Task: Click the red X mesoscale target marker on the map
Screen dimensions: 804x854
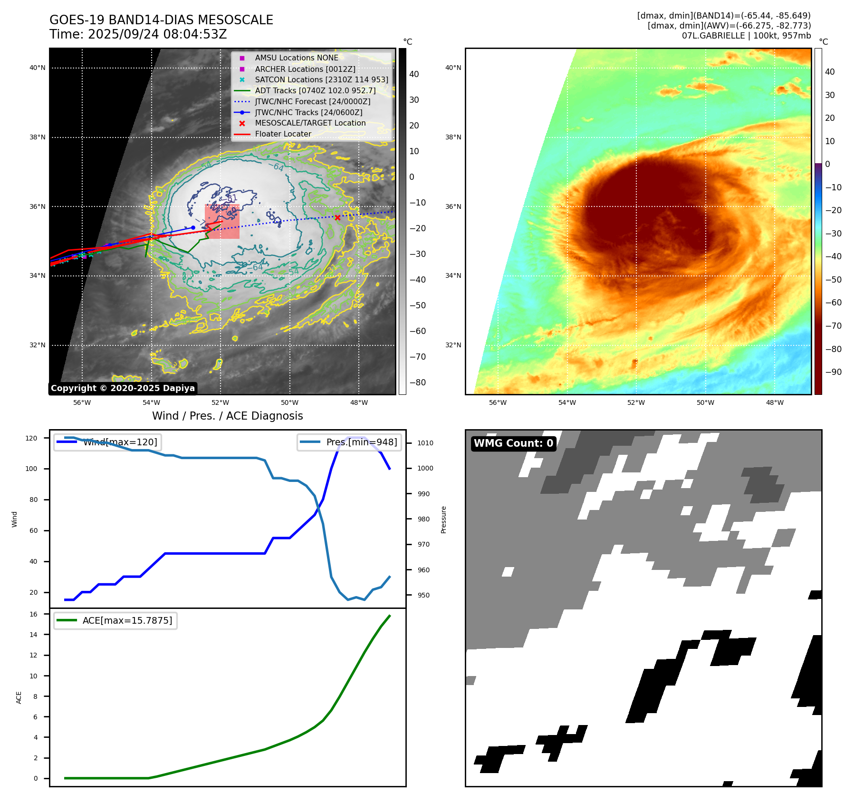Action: point(337,218)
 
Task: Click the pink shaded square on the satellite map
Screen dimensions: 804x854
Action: point(222,222)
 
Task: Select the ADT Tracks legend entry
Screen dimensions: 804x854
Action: point(315,90)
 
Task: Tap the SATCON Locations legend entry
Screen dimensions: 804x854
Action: point(321,79)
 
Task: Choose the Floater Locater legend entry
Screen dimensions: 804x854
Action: point(283,134)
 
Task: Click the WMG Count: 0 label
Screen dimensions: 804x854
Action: point(513,443)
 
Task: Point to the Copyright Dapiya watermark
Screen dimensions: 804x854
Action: point(123,388)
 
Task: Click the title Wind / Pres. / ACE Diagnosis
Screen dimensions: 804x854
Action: point(227,416)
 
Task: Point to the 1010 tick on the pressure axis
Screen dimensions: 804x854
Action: point(425,443)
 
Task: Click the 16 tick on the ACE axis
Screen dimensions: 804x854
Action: point(34,614)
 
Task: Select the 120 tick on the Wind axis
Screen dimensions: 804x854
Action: point(31,438)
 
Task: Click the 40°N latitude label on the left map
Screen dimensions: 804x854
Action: point(38,68)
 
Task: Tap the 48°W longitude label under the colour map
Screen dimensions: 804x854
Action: point(775,402)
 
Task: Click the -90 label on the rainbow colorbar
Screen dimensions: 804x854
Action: point(834,372)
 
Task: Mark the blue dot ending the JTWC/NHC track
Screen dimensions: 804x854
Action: point(193,227)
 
